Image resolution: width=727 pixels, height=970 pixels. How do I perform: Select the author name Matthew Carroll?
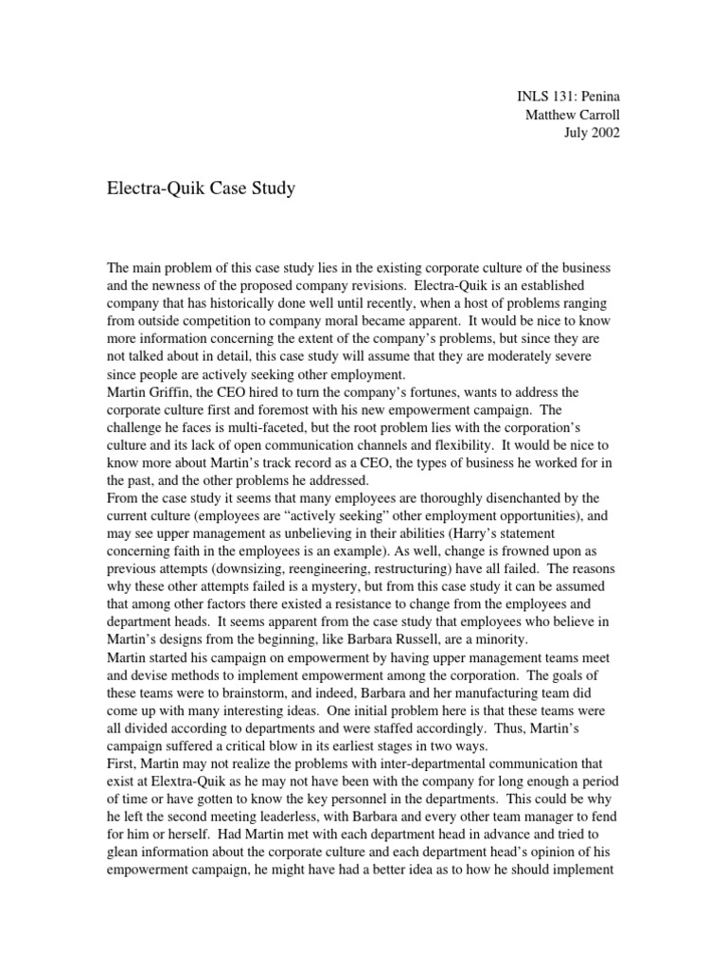pos(572,116)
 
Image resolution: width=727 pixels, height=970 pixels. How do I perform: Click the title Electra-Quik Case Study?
pos(201,189)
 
